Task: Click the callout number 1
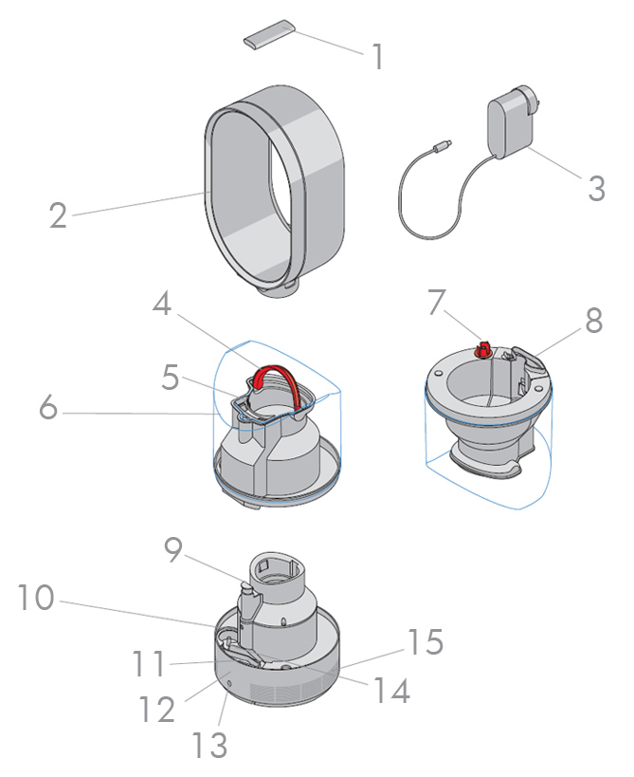378,57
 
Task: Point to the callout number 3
596,186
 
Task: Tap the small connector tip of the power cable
441,146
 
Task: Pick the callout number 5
171,379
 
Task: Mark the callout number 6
48,410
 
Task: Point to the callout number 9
172,551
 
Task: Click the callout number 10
36,598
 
